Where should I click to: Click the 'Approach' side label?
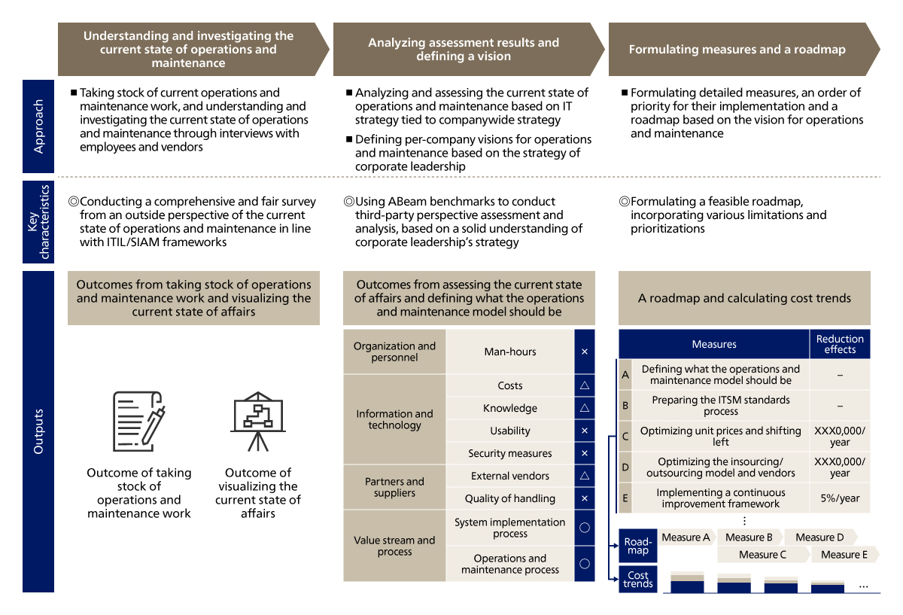coord(38,126)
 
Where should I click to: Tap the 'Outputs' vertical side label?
coord(38,431)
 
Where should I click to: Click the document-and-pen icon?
coord(138,422)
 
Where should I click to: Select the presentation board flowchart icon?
coord(257,421)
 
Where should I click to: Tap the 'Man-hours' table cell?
coord(509,352)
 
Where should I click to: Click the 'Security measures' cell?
coord(509,453)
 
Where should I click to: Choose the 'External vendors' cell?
coord(509,476)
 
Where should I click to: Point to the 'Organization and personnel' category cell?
coord(394,352)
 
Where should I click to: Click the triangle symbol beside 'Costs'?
coord(585,385)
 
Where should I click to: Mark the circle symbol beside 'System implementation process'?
coord(585,528)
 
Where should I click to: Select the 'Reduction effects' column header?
coord(840,344)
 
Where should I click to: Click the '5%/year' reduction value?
coord(840,498)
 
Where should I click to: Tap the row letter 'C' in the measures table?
coord(625,436)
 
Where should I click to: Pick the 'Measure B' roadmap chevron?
coord(749,537)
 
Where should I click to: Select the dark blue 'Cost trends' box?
coord(637,580)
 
